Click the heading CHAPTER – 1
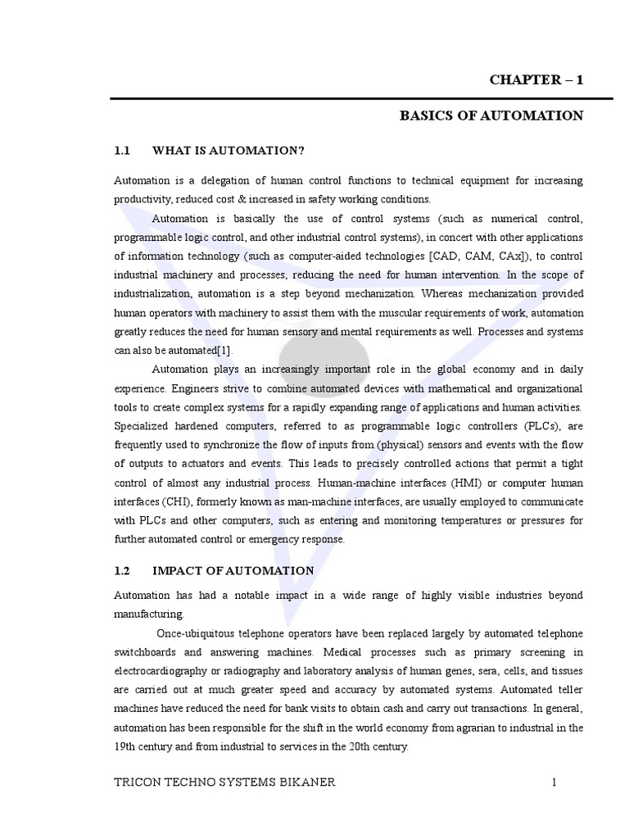(536, 79)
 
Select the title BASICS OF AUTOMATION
(491, 116)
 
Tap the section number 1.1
(122, 151)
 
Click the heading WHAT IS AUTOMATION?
(229, 151)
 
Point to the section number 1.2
(122, 570)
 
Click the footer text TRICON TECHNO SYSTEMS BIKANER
(224, 782)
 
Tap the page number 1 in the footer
(554, 782)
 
